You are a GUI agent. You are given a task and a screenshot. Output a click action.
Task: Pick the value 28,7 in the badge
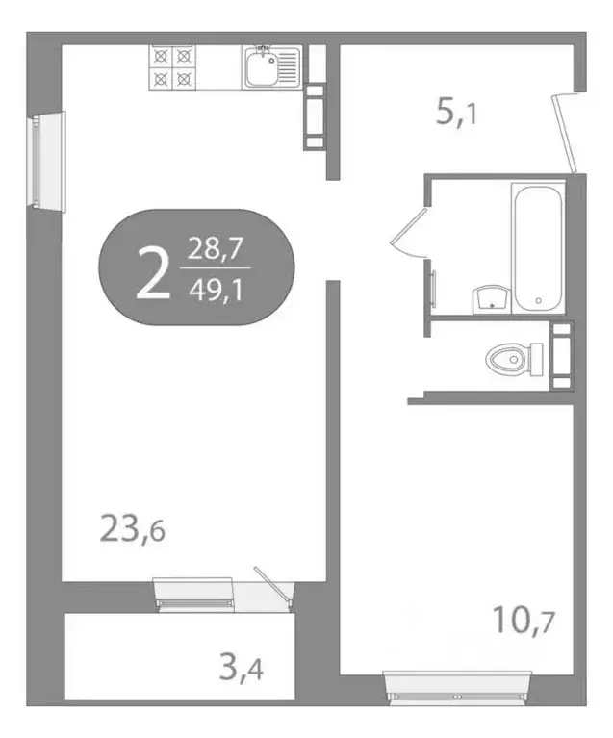[x=215, y=252]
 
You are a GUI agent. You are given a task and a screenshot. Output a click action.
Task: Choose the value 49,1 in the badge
[x=215, y=288]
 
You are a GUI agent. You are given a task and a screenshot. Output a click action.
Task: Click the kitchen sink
[x=270, y=66]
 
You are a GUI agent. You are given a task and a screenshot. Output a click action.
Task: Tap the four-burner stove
[x=172, y=67]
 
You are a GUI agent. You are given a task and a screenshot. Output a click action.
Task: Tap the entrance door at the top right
[x=567, y=133]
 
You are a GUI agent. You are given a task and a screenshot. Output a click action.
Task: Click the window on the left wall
[x=38, y=163]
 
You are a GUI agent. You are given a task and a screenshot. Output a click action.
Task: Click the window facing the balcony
[x=193, y=593]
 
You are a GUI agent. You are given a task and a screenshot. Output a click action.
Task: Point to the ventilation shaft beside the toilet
[x=560, y=357]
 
